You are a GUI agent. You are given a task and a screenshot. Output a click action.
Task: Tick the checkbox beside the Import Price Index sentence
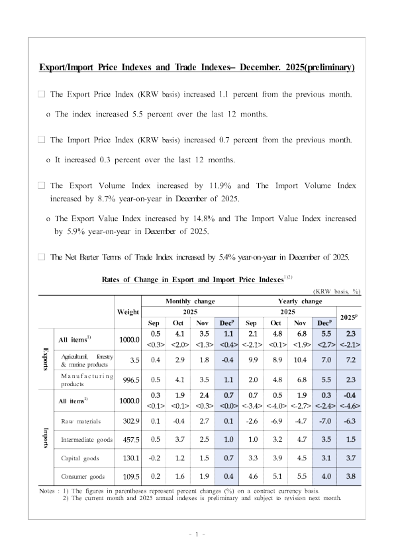pos(42,140)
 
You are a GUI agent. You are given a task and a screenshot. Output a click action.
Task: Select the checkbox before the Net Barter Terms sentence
pos(42,256)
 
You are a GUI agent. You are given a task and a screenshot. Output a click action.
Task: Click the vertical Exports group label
pos(46,359)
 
